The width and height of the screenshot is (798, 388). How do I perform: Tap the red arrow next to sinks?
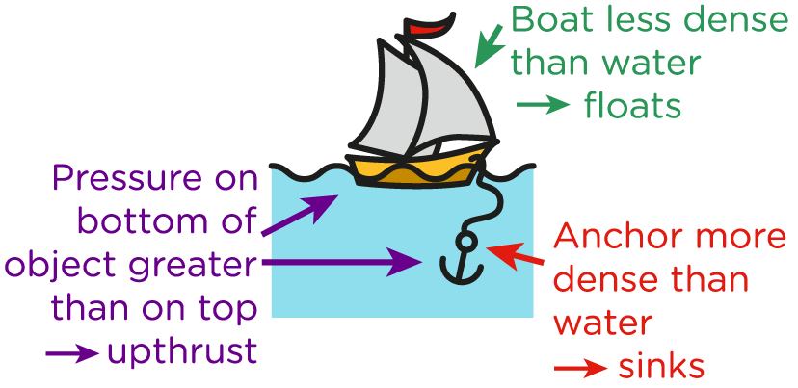[579, 367]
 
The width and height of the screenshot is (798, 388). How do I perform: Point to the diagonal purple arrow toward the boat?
[299, 216]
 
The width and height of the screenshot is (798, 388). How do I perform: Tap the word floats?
[632, 106]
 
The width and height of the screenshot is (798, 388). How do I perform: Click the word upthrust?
[183, 353]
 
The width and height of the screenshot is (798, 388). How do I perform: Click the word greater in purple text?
[199, 267]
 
